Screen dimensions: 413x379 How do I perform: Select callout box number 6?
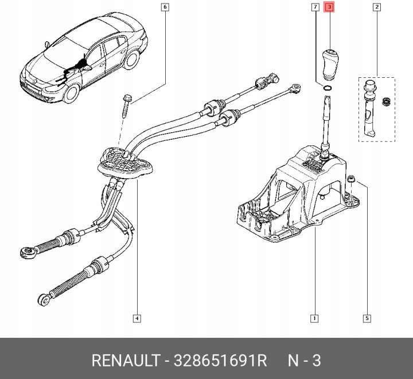(165, 7)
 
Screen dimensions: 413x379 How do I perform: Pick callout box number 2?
(376, 7)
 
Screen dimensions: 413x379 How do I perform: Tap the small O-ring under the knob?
(326, 88)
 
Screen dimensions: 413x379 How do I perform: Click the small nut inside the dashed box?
(386, 102)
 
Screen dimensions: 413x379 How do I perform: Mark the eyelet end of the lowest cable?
(45, 298)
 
